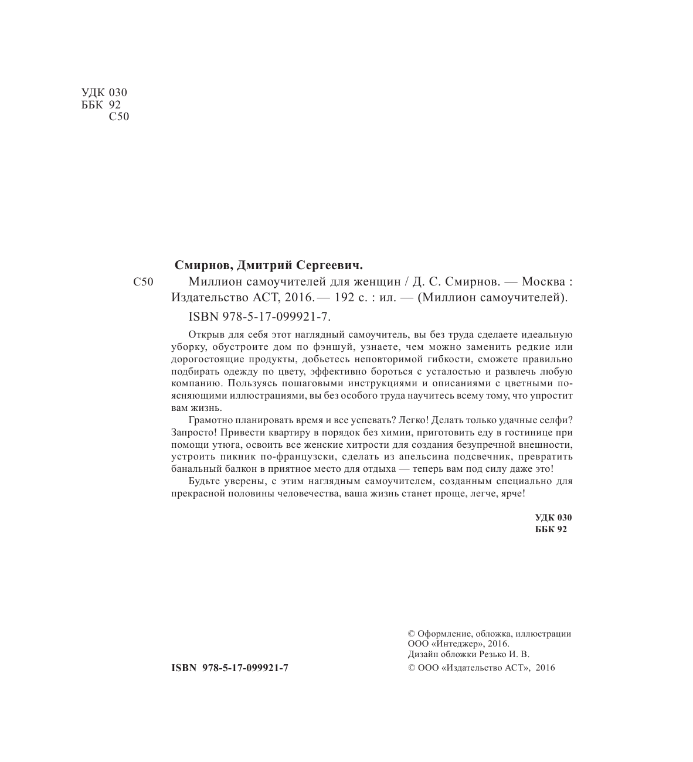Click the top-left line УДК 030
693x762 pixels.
click(x=103, y=93)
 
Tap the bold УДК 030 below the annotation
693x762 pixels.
click(x=553, y=518)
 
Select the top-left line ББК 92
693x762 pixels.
click(x=99, y=104)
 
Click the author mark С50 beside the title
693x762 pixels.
click(x=143, y=282)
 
